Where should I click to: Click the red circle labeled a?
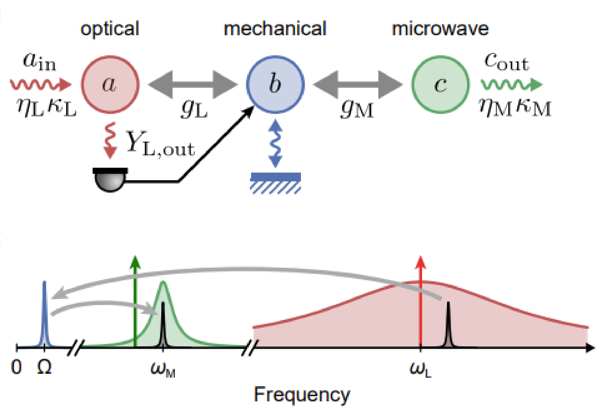110,84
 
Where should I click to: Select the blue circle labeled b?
275,84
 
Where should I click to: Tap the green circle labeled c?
440,84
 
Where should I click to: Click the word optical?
110,29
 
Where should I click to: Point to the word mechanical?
275,29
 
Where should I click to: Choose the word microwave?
440,29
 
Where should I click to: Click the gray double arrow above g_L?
193,85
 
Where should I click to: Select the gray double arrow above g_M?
358,85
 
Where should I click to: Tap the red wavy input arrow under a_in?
40,84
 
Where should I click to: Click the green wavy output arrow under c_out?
511,84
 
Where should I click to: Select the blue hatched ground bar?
275,183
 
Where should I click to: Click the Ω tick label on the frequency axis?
44,367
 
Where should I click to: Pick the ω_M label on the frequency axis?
163,369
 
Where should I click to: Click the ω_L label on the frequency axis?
420,369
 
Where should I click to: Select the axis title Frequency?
302,395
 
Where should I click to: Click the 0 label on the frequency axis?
16,367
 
